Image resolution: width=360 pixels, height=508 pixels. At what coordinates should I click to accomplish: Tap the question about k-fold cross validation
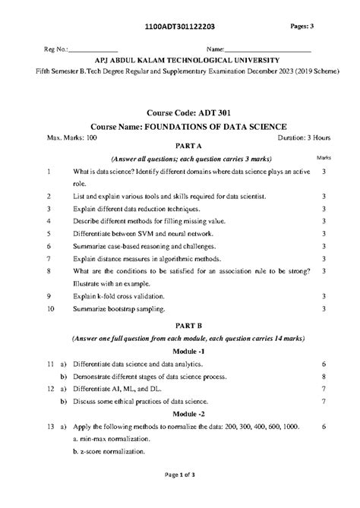pos(132,296)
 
